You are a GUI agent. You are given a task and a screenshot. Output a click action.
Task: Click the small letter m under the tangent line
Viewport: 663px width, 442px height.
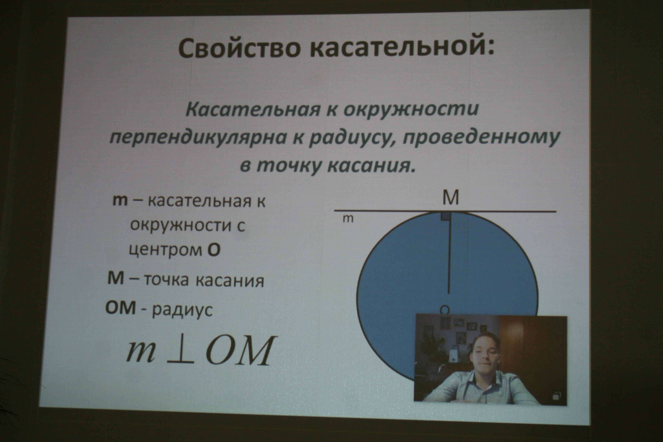[x=348, y=219]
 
